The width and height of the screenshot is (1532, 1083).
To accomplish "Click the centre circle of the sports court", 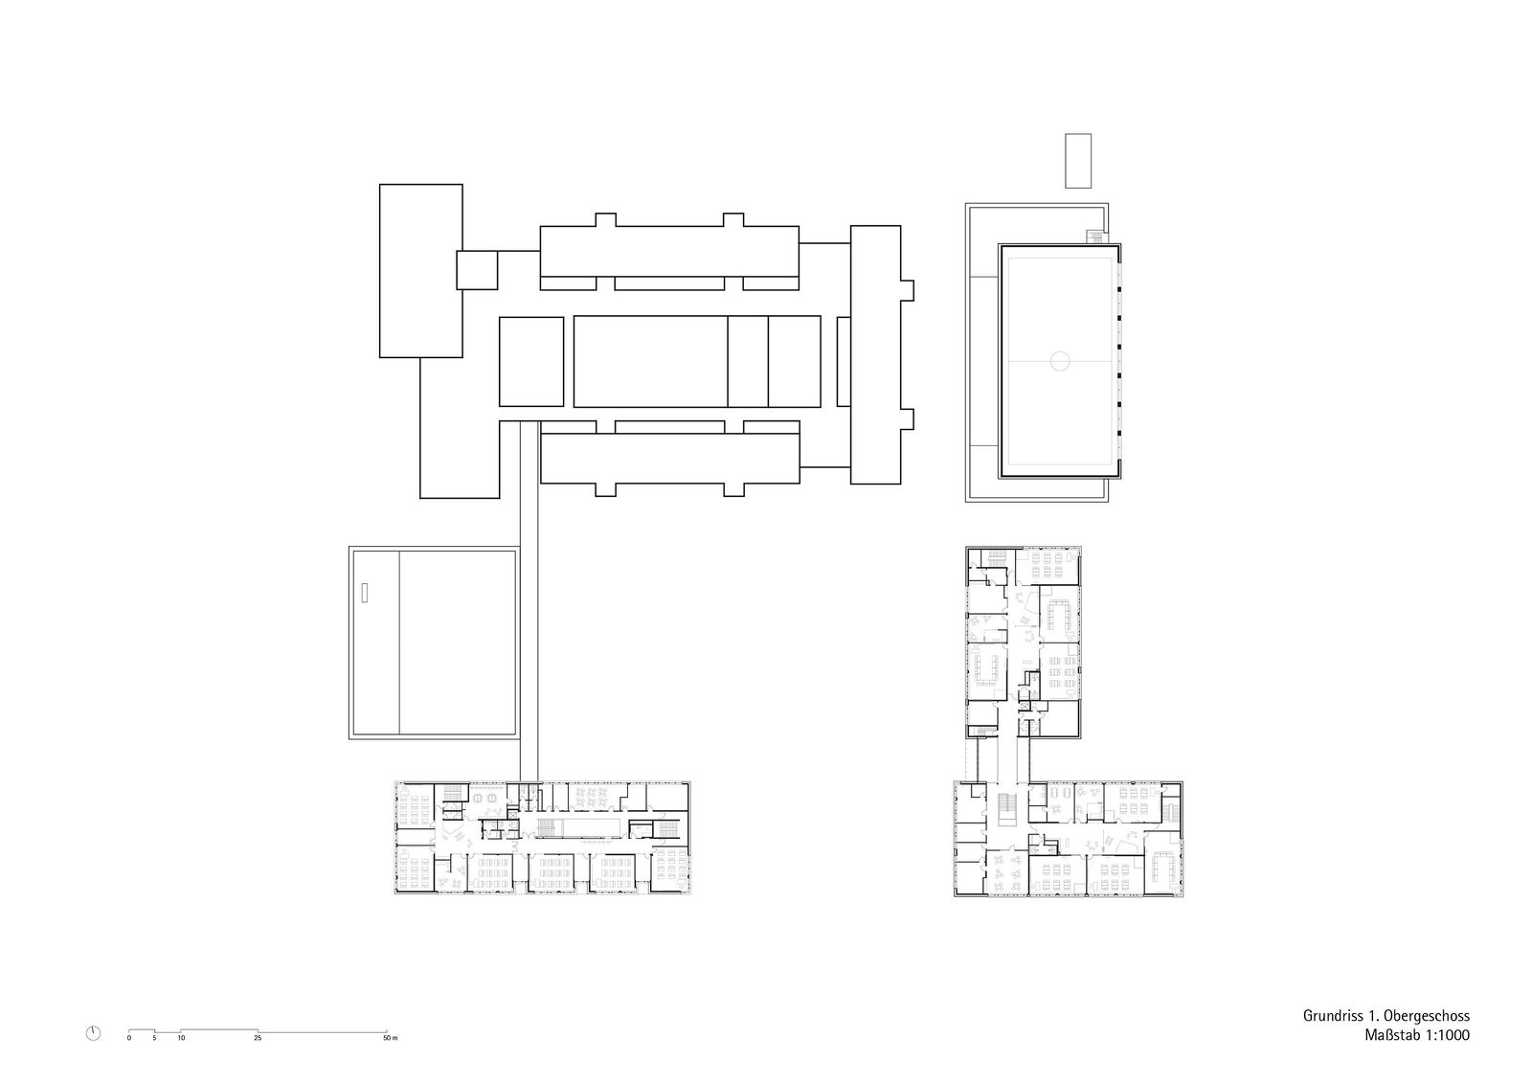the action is pos(1059,361).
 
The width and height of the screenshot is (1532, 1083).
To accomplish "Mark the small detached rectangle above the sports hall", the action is pos(1078,161).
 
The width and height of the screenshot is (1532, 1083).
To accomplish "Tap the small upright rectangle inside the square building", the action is pos(365,593).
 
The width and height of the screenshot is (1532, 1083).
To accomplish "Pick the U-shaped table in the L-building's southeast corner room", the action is pos(1162,867).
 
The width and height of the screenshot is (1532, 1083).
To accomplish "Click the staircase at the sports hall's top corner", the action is pos(1095,237).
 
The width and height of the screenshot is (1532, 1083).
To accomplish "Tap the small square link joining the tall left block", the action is pos(477,269).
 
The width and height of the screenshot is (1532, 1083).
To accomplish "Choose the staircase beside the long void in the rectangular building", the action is pos(547,828).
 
